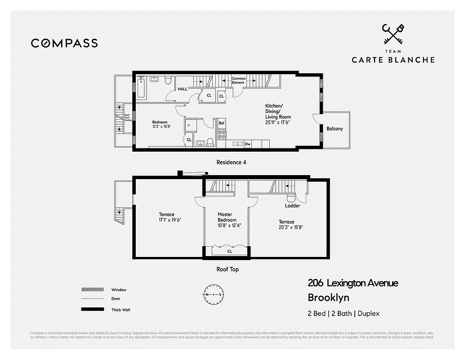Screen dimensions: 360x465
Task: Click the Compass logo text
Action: point(64,43)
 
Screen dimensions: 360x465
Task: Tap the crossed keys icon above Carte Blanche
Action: point(393,34)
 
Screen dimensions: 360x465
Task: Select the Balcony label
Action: point(334,129)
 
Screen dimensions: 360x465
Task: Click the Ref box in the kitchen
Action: point(222,123)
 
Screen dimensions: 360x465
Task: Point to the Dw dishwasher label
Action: point(248,144)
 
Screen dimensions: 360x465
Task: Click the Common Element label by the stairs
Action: point(238,81)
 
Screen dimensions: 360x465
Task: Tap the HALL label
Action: point(183,89)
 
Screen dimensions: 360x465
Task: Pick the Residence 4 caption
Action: point(231,162)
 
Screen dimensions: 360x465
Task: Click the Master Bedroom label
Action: point(227,217)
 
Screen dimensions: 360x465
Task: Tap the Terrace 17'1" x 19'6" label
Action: point(166,217)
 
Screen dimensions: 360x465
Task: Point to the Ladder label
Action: point(292,206)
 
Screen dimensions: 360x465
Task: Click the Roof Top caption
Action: point(228,269)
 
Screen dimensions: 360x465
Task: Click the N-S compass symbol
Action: point(214,294)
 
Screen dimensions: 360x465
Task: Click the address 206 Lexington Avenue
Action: point(353,283)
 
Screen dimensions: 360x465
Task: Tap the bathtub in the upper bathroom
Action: point(141,88)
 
